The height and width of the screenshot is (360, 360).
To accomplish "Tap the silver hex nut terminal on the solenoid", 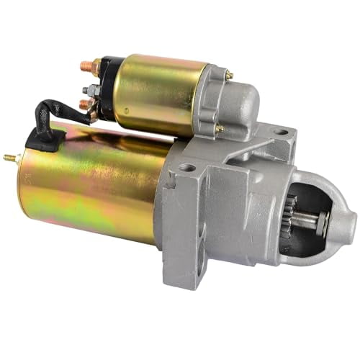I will point(89,90).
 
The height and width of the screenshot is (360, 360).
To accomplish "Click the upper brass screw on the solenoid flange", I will point(228,75).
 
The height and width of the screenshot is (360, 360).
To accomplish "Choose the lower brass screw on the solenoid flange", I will point(219,128).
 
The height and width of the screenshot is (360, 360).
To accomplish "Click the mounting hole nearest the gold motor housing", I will point(189,168).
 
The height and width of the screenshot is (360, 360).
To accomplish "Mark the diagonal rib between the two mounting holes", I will point(238,151).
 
